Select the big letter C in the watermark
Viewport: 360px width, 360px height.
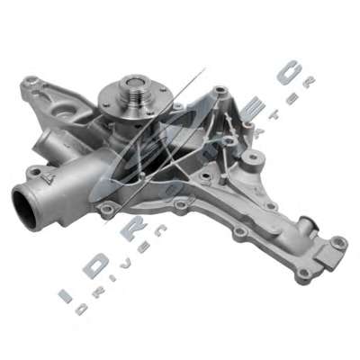coord(291,73)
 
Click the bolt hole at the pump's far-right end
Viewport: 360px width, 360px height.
coord(338,243)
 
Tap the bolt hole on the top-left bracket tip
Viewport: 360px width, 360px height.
coord(31,83)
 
